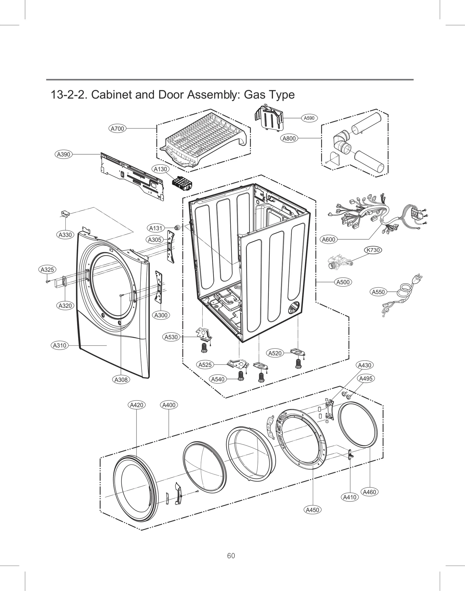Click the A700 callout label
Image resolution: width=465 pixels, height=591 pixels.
[x=118, y=128]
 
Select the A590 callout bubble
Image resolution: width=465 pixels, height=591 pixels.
[x=309, y=118]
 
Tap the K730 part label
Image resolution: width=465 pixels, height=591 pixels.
[x=373, y=250]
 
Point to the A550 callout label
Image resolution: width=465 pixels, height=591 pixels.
[x=378, y=292]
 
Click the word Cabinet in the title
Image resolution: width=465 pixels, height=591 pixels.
[x=112, y=95]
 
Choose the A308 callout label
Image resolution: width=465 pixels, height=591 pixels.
[x=121, y=380]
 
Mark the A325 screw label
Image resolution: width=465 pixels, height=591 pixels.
[x=47, y=270]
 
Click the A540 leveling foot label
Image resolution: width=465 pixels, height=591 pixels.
[x=218, y=379]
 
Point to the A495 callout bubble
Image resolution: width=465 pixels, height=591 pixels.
[x=366, y=378]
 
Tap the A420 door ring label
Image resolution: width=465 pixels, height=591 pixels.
[x=137, y=405]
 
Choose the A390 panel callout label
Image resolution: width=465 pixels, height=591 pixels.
[x=64, y=154]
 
